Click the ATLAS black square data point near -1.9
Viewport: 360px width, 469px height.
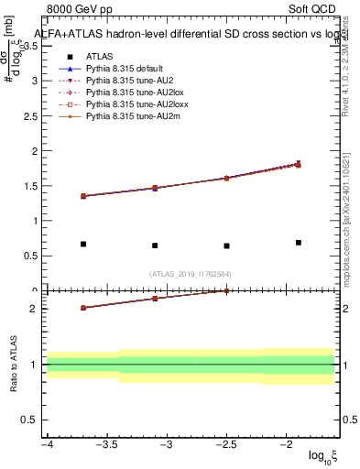point(299,243)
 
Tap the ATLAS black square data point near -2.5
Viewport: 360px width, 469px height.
point(226,245)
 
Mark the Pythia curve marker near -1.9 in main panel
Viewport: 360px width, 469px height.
point(299,164)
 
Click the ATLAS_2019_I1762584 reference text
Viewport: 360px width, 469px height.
point(191,273)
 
